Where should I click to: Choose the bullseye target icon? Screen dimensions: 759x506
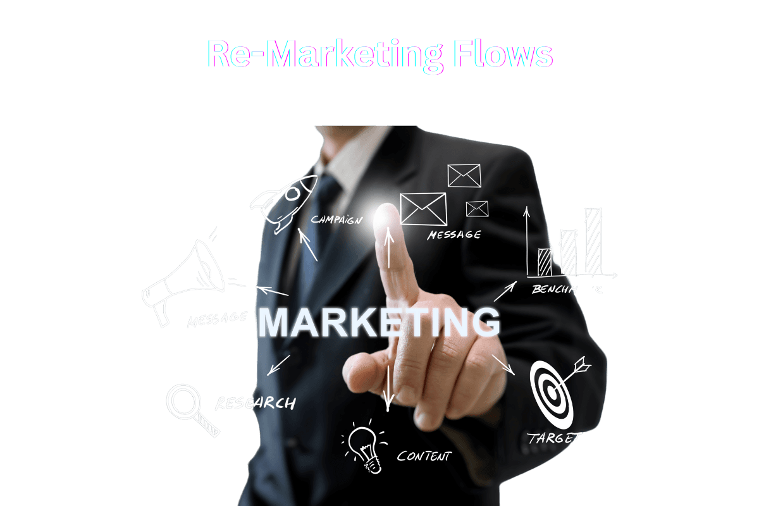click(x=554, y=392)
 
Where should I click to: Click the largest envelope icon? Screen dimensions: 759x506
click(x=423, y=209)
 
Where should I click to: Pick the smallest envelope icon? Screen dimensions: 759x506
click(x=477, y=209)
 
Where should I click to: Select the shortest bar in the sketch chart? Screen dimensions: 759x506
click(x=545, y=262)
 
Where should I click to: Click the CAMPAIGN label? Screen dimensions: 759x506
click(x=336, y=219)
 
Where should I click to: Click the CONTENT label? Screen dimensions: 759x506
click(x=424, y=455)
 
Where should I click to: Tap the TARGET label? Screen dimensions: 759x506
click(x=554, y=437)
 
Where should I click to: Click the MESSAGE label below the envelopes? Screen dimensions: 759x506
click(x=454, y=235)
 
